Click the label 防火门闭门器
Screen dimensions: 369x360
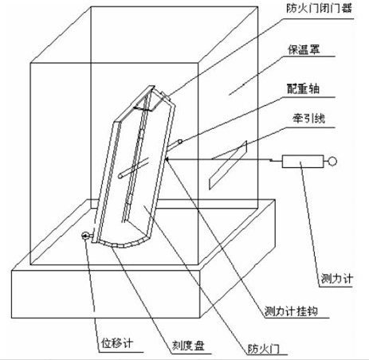tap(319, 8)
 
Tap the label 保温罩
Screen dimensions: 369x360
tap(304, 49)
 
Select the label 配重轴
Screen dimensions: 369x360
tap(303, 89)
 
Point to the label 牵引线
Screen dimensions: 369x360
tap(309, 118)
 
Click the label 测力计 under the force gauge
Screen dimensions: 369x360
tap(337, 279)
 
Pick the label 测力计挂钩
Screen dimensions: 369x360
tap(291, 311)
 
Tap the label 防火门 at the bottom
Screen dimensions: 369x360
tap(264, 348)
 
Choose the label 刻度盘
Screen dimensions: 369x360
tap(188, 346)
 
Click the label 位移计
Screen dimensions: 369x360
tap(117, 343)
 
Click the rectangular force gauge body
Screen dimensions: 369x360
tap(303, 162)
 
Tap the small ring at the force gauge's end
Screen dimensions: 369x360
tap(332, 161)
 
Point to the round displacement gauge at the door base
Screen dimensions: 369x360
tap(86, 236)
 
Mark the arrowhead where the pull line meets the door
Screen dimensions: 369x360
tap(167, 159)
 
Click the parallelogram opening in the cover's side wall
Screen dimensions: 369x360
tap(228, 165)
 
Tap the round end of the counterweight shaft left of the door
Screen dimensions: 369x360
tap(121, 176)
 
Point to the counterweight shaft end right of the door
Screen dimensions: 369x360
tap(180, 142)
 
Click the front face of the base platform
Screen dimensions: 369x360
tap(106, 294)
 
